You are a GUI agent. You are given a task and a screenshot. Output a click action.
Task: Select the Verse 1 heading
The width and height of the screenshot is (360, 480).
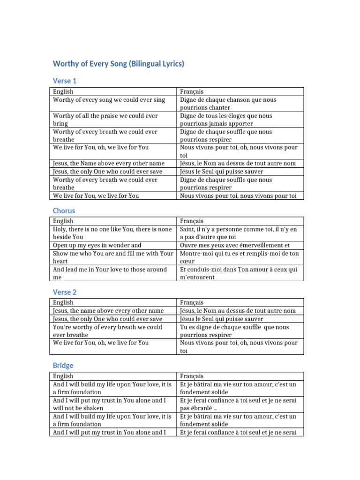[65, 81]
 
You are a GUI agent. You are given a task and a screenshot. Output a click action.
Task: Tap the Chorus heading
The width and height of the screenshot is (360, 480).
[64, 210]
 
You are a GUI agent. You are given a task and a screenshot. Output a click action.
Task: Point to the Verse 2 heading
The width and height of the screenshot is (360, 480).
[65, 292]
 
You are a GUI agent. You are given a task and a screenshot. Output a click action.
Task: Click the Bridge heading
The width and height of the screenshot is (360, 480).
[63, 365]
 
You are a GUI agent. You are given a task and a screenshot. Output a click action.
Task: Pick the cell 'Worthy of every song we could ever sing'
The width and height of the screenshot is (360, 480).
[109, 100]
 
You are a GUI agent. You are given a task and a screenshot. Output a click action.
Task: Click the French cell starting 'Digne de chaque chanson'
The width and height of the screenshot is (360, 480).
[228, 104]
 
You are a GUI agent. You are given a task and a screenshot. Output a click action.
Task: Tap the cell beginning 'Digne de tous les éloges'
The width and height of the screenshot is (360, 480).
[226, 120]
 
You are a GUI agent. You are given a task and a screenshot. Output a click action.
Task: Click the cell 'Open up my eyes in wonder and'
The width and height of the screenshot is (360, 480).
[97, 245]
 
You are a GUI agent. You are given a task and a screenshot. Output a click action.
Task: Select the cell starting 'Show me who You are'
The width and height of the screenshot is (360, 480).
[113, 257]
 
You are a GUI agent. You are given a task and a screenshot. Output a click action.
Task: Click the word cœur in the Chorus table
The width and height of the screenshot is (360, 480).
[187, 261]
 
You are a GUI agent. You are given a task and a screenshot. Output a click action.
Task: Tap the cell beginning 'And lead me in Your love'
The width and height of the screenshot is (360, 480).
[110, 273]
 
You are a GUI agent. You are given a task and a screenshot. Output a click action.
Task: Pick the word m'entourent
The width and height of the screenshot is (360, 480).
[197, 277]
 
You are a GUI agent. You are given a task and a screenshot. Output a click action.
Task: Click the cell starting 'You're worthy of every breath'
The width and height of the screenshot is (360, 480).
[107, 330]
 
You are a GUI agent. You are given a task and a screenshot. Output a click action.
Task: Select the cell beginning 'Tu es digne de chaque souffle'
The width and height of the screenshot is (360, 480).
[234, 330]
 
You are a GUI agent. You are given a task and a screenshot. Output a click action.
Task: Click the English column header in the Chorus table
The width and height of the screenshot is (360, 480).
[63, 221]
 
